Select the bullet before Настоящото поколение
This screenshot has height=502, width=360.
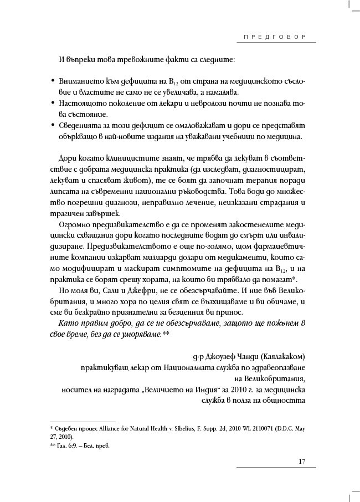(52, 103)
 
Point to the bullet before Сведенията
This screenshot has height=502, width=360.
(52, 125)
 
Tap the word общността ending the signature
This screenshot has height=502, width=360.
(282, 399)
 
